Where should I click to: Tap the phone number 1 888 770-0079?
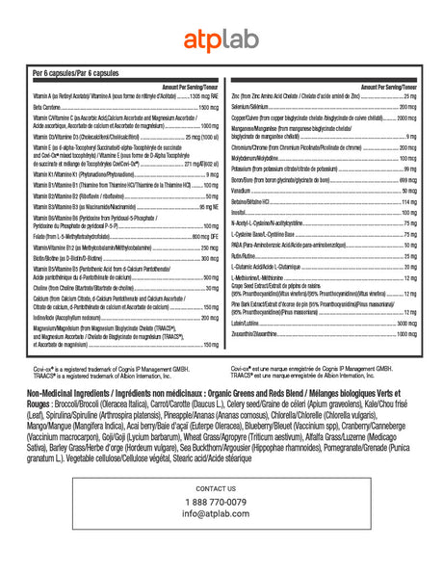(221, 502)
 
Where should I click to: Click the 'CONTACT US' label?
(221, 489)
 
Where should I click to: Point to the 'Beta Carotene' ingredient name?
(48, 108)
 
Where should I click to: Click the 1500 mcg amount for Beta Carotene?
(208, 108)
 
